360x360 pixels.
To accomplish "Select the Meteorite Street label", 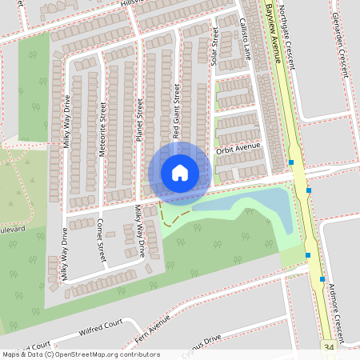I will (x=102, y=122).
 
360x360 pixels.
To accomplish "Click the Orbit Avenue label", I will (x=238, y=149).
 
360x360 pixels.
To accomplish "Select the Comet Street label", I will (x=101, y=240).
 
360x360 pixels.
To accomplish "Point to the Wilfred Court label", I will (x=101, y=327).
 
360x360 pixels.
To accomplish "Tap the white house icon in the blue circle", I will (x=180, y=172).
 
